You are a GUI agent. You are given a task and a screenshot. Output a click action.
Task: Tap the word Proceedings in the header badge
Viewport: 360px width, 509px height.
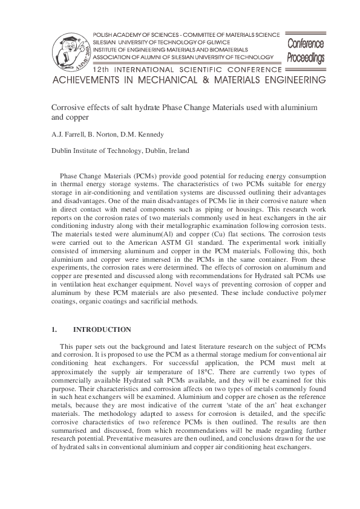tap(306, 58)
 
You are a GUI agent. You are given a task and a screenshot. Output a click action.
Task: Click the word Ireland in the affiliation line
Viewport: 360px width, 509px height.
tap(177, 151)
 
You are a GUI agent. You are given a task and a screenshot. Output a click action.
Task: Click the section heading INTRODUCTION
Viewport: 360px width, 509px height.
tap(102, 329)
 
